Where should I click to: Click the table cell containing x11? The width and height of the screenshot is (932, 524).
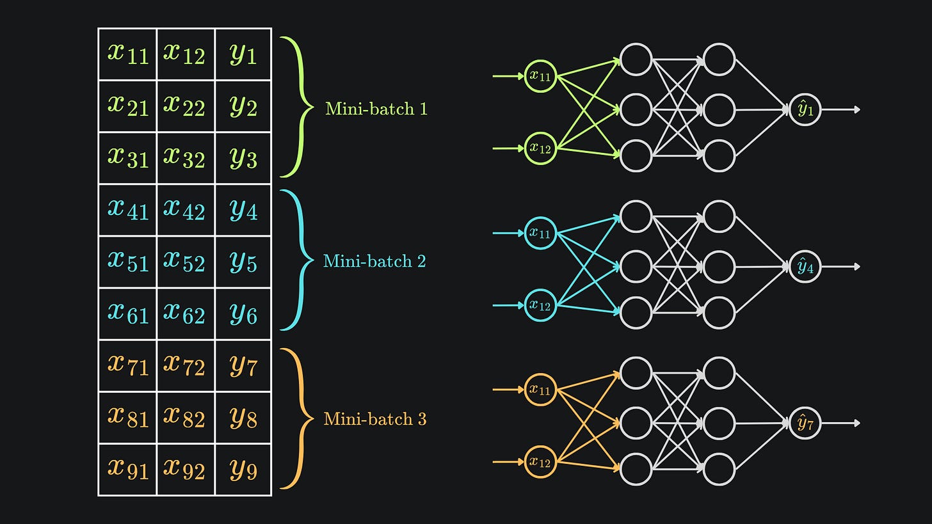pyautogui.click(x=127, y=54)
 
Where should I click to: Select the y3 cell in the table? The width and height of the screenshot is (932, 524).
pyautogui.click(x=243, y=158)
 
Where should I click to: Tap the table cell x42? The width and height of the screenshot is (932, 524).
pyautogui.click(x=185, y=210)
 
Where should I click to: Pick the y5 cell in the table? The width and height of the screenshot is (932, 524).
pyautogui.click(x=243, y=262)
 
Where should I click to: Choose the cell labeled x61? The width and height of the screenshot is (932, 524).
pyautogui.click(x=127, y=314)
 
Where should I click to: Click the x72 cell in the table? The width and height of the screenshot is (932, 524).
pyautogui.click(x=185, y=365)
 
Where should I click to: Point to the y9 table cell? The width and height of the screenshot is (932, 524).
pyautogui.click(x=243, y=470)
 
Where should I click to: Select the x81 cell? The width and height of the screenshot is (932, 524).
pyautogui.click(x=127, y=417)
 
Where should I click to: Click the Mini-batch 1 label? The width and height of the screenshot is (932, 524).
pyautogui.click(x=376, y=109)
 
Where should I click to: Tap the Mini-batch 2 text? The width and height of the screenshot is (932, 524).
pyautogui.click(x=374, y=261)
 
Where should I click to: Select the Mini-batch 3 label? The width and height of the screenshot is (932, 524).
pyautogui.click(x=374, y=419)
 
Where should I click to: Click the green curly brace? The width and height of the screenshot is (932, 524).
pyautogui.click(x=296, y=106)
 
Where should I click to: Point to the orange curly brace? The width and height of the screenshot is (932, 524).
pyautogui.click(x=296, y=419)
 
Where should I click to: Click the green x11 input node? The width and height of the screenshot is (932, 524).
pyautogui.click(x=540, y=76)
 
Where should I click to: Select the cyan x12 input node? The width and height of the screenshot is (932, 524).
pyautogui.click(x=540, y=305)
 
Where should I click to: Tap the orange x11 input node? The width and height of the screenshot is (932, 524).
pyautogui.click(x=540, y=390)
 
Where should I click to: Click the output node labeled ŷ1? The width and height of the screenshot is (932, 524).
pyautogui.click(x=805, y=109)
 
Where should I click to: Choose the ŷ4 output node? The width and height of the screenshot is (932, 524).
pyautogui.click(x=805, y=267)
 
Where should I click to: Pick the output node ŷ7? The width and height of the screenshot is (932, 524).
pyautogui.click(x=805, y=423)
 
